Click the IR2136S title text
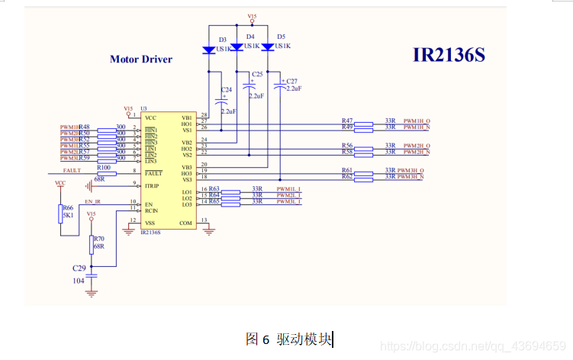click(449, 56)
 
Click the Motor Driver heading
click(141, 59)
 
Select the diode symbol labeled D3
click(209, 50)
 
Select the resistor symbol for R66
click(60, 214)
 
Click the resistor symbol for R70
click(92, 245)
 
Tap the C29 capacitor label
click(79, 269)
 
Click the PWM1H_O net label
click(417, 121)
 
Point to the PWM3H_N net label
click(412, 177)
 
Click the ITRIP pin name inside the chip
click(153, 185)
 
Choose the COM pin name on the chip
click(185, 223)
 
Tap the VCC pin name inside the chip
click(151, 117)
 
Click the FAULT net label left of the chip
click(72, 171)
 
